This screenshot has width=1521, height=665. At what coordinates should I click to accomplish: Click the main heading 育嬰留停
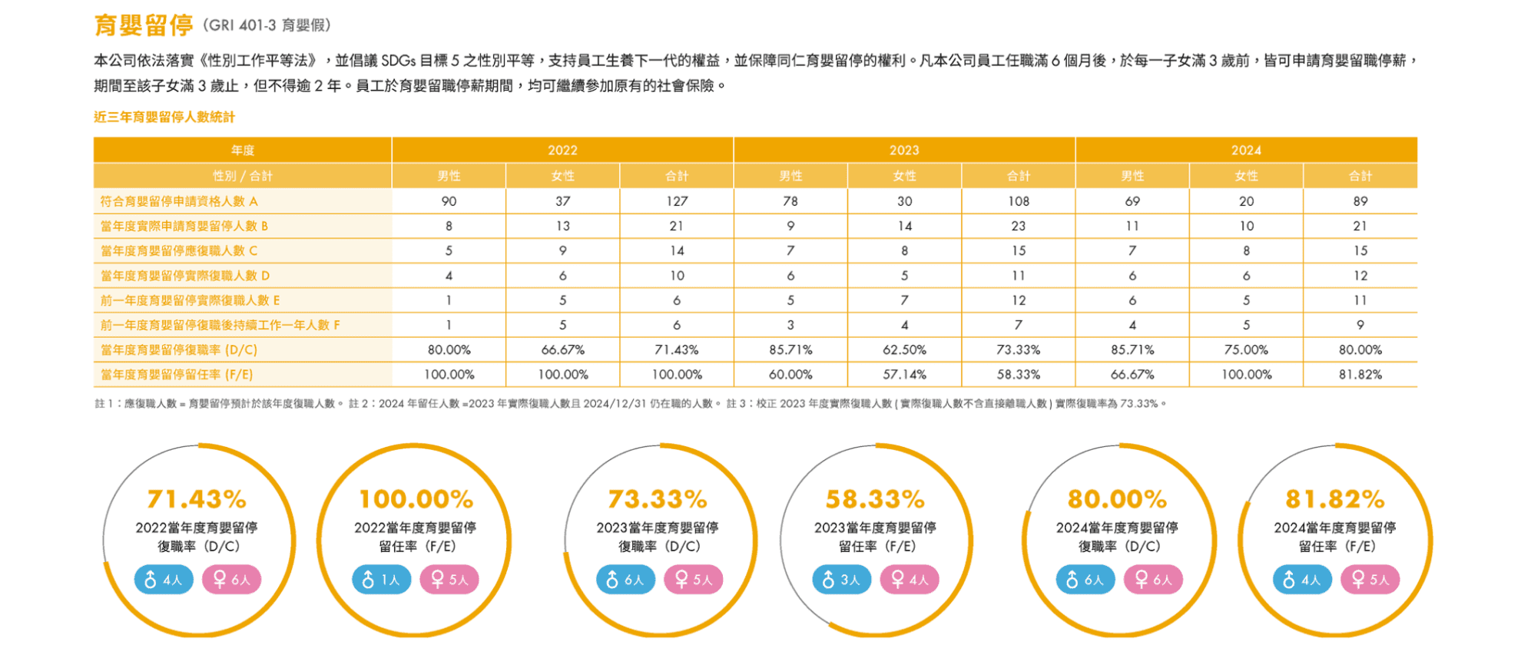[144, 25]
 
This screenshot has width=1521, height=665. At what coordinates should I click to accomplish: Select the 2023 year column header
[904, 151]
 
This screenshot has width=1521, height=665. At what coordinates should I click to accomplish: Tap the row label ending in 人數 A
[179, 201]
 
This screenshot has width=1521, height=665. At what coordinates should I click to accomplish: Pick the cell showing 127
[677, 201]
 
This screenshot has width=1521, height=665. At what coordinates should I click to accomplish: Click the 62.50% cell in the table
[904, 350]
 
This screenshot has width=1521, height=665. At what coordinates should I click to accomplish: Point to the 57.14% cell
[904, 375]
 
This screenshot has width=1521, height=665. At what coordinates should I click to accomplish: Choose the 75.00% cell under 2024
[1246, 350]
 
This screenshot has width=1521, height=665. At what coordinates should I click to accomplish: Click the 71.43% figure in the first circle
[197, 500]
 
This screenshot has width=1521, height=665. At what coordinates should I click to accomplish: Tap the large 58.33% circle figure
[875, 500]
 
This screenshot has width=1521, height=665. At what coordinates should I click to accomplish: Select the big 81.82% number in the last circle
[1335, 500]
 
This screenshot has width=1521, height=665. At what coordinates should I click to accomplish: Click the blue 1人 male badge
[382, 580]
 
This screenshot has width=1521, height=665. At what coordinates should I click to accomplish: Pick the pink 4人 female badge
[910, 580]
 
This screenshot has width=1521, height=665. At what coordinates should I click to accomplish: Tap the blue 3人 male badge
[842, 580]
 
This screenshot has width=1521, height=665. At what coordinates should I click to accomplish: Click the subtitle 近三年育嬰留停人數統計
[164, 117]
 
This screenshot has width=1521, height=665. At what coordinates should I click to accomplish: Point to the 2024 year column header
[1246, 151]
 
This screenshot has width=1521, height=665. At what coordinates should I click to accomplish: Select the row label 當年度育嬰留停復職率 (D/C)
[179, 350]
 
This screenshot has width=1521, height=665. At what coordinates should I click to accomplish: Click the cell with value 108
[1019, 201]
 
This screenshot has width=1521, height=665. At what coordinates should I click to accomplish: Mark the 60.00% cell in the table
[790, 375]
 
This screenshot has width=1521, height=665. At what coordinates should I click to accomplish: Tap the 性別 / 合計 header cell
[243, 176]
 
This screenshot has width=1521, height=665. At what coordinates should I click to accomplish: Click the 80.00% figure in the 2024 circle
[1117, 500]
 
